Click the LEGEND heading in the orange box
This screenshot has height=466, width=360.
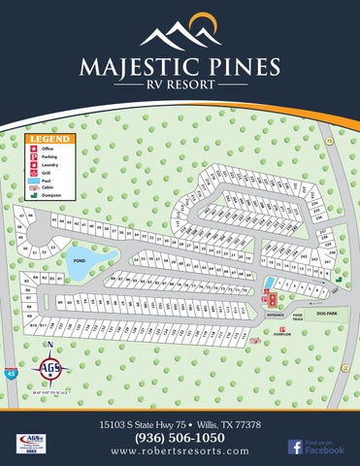click(45, 139)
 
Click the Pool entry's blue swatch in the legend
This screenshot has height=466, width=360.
click(33, 180)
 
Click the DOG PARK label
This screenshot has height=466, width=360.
click(326, 314)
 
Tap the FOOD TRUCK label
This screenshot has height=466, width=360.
click(298, 316)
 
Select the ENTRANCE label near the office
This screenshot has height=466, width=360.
click(274, 314)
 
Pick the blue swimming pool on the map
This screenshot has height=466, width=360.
click(268, 283)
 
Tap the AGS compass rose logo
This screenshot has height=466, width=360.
click(50, 369)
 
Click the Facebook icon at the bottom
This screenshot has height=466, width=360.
click(295, 447)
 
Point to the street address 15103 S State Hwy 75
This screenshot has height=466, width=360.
click(147, 425)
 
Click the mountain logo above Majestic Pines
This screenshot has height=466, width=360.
click(180, 33)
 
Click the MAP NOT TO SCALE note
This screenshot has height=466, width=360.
click(51, 391)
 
